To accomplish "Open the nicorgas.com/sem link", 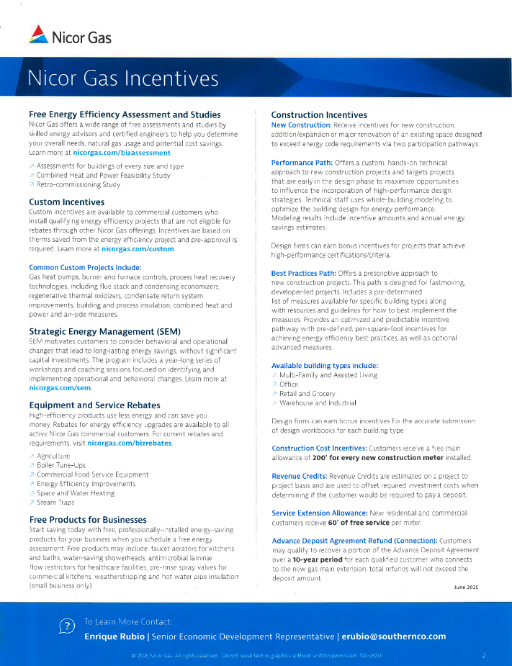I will click(60, 387).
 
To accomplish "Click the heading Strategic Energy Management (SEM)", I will click(104, 331).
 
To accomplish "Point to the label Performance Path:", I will click(301, 163).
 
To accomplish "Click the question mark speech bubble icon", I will click(66, 627).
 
